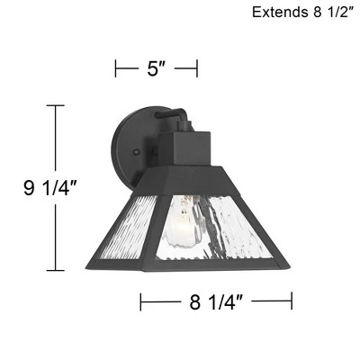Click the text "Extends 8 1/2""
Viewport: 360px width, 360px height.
(x=301, y=13)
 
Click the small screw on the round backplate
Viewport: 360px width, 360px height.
(x=137, y=152)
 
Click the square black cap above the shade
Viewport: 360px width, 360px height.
(x=184, y=148)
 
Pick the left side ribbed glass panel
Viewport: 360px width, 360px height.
(x=129, y=228)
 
